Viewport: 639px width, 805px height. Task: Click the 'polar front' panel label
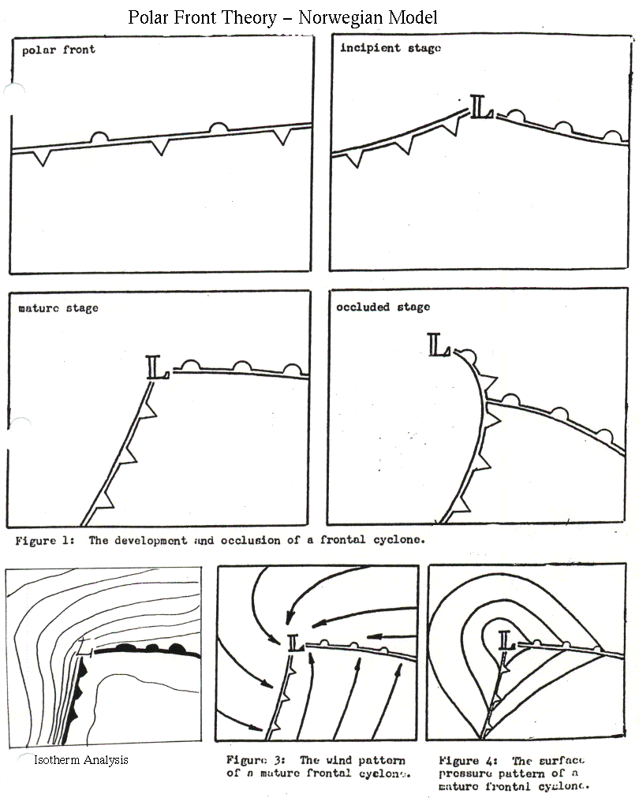point(58,50)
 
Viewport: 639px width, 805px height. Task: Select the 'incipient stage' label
point(390,48)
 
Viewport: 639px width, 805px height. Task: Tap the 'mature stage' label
point(58,308)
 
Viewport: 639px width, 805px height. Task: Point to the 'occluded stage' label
point(383,307)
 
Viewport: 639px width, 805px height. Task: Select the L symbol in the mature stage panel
point(157,367)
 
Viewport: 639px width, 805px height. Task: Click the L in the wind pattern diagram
point(296,643)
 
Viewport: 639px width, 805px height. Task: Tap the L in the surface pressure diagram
point(507,641)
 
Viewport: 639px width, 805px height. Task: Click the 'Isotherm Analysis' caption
point(81,760)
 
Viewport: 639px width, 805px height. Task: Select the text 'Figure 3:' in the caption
point(256,760)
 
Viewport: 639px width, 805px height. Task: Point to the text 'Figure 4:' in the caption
point(468,761)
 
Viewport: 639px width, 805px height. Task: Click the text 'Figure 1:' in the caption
point(45,541)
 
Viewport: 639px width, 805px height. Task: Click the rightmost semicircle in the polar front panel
point(219,129)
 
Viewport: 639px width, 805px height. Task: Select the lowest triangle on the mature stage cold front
point(105,499)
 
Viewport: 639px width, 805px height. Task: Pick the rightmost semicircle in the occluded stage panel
point(604,436)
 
